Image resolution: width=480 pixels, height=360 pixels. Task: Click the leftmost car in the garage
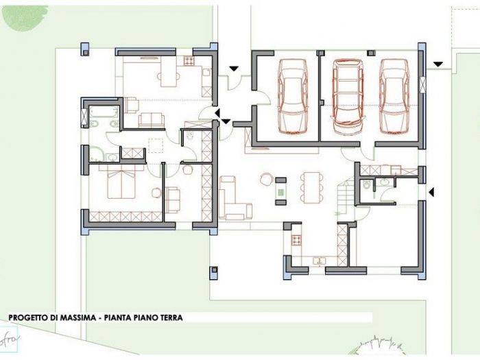pyautogui.click(x=293, y=95)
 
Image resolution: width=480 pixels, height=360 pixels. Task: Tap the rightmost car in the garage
pyautogui.click(x=394, y=95)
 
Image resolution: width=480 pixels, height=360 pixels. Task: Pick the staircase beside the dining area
pyautogui.click(x=346, y=195)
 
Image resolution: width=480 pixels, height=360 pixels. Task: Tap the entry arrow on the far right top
pyautogui.click(x=437, y=64)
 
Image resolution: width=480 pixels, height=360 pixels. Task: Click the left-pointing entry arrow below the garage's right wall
pyautogui.click(x=431, y=191)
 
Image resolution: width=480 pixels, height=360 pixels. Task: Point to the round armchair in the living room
pyautogui.click(x=265, y=180)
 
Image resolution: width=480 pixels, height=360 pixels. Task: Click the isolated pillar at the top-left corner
pyautogui.click(x=85, y=49)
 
